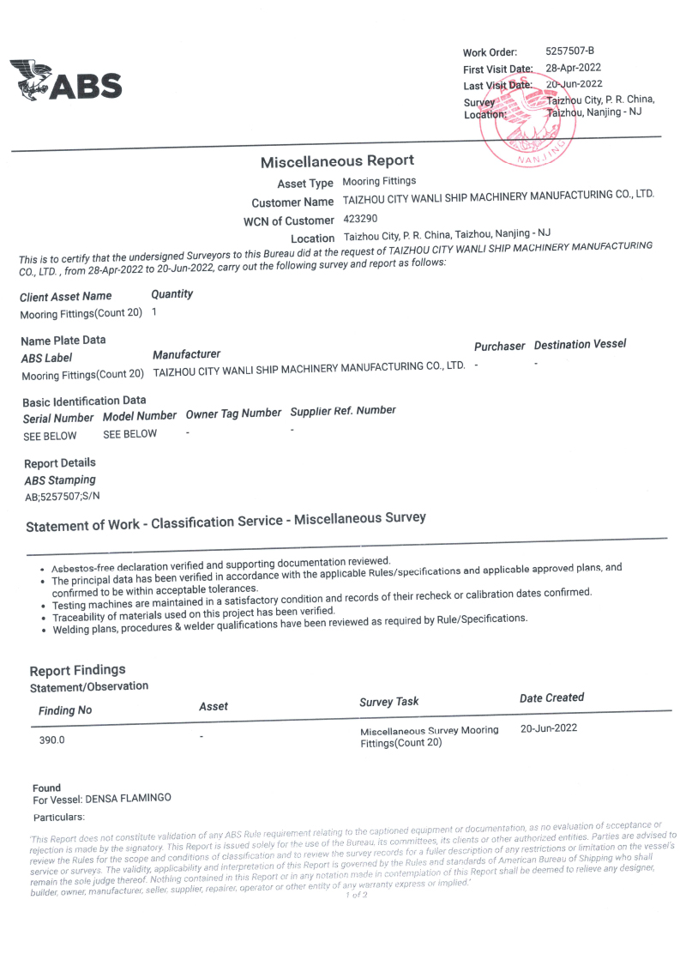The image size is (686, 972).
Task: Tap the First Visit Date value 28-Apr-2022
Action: pos(573,68)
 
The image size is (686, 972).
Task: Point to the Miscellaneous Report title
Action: pos(337,161)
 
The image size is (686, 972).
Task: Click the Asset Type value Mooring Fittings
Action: pos(379,181)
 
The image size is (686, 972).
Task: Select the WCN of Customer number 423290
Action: pos(360,219)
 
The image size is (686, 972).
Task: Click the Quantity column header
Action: pos(171,294)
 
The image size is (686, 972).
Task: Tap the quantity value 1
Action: pos(153,311)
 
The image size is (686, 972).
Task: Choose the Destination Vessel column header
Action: pos(580,344)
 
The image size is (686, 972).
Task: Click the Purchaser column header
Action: pos(499,346)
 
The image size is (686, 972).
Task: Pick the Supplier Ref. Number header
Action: pos(343,411)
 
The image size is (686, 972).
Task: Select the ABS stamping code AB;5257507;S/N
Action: pos(63,496)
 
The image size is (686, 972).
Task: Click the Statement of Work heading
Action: pos(226,522)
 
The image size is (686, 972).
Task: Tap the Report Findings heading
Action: pos(77,670)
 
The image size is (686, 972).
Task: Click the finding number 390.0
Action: pos(51,740)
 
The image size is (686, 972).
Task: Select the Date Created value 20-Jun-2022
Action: pos(549,728)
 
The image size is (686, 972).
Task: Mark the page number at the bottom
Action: pos(356,896)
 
